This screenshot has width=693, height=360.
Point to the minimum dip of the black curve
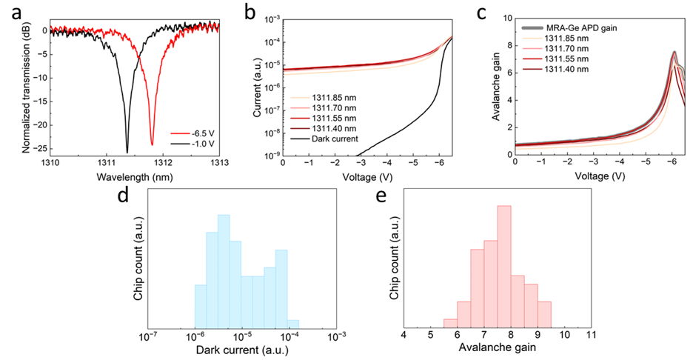(x=127, y=153)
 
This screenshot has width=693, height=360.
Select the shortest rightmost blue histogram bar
(x=293, y=323)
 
